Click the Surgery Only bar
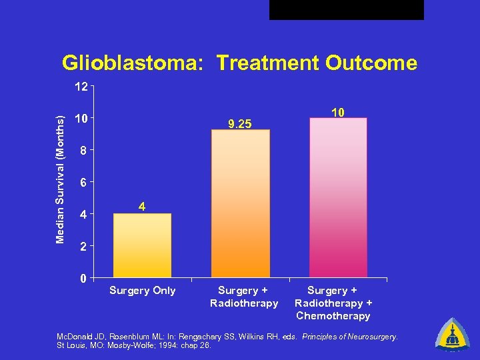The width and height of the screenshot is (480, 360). click(142, 245)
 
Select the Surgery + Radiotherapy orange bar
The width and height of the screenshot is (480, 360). click(241, 203)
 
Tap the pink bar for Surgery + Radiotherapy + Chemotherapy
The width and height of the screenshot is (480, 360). click(338, 197)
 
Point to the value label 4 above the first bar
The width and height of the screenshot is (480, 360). click(142, 207)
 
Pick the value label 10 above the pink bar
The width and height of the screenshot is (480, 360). click(338, 113)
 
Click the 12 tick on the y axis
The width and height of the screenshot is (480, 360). click(81, 87)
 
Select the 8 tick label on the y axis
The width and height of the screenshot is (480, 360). click(81, 151)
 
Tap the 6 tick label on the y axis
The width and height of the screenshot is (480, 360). click(81, 183)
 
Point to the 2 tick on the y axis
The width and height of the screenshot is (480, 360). click(81, 247)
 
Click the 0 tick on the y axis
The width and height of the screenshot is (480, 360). click(81, 278)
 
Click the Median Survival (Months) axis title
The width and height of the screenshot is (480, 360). click(61, 179)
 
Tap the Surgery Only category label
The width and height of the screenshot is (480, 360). click(142, 291)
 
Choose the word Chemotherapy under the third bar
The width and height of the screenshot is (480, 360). click(333, 316)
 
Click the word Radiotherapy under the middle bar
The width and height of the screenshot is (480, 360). click(244, 303)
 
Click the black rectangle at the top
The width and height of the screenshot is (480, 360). click(346, 9)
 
